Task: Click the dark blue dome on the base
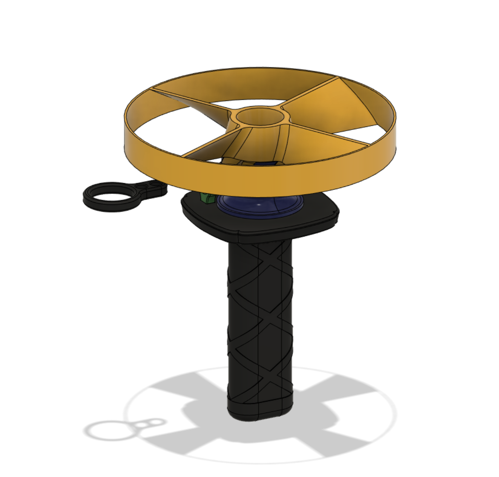pos(260,207)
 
